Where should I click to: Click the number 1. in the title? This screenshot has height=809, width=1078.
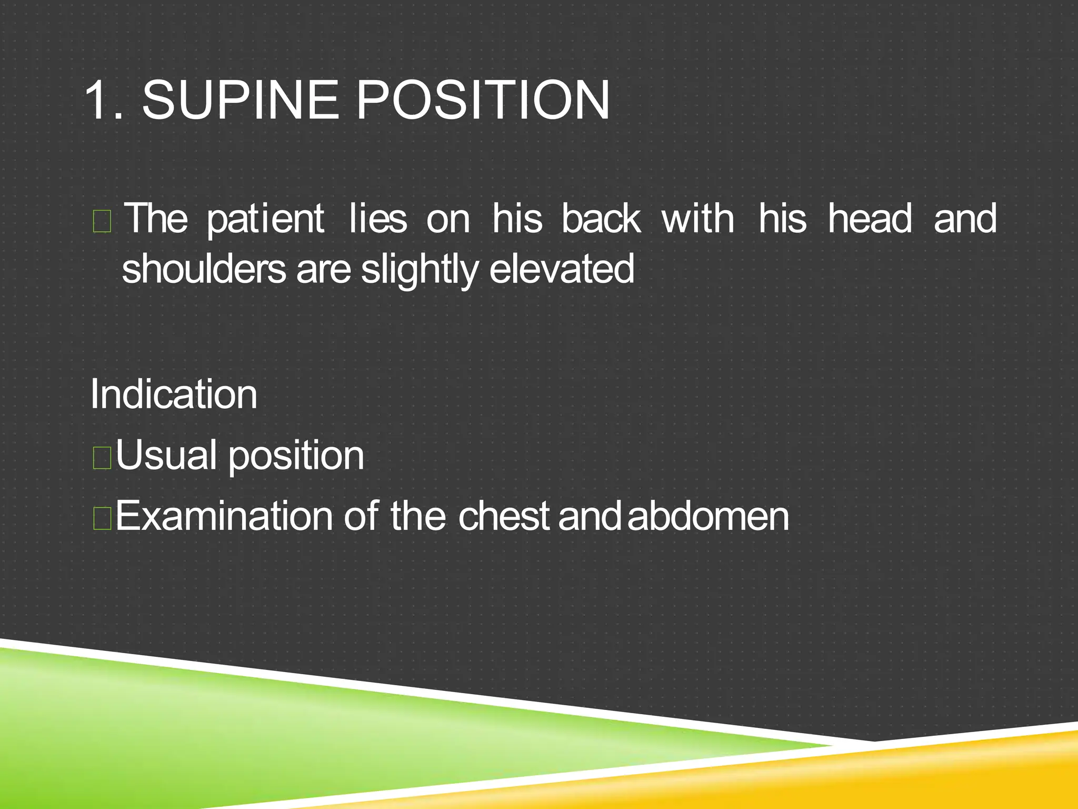tap(104, 100)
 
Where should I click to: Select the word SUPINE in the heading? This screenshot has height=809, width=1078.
tap(240, 100)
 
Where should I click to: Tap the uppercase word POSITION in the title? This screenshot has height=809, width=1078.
tap(483, 100)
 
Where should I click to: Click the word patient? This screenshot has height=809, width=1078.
tap(265, 219)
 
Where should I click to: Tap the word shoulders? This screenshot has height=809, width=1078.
tap(203, 269)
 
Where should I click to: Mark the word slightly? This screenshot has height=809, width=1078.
tap(419, 270)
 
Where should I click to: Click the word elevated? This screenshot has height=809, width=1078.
tap(562, 269)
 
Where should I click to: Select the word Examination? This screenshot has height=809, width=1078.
tap(224, 516)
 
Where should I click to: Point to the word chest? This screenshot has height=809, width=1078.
tap(504, 516)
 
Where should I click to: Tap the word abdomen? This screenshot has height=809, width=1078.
tap(708, 516)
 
